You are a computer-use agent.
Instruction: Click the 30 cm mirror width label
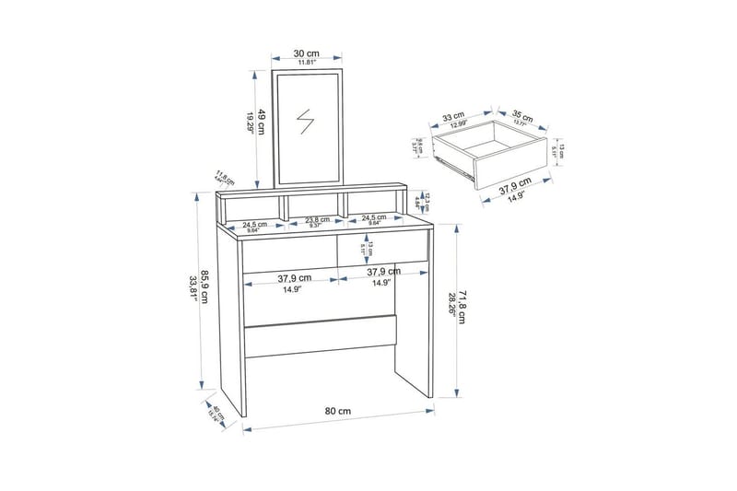pos(306,53)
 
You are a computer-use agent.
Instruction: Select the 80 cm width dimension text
pos(338,410)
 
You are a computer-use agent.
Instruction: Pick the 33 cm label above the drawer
pos(453,117)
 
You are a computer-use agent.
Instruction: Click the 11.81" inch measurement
pos(306,63)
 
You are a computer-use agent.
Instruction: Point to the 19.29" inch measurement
pos(249,123)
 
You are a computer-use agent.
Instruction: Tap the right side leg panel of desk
pos(415,359)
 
